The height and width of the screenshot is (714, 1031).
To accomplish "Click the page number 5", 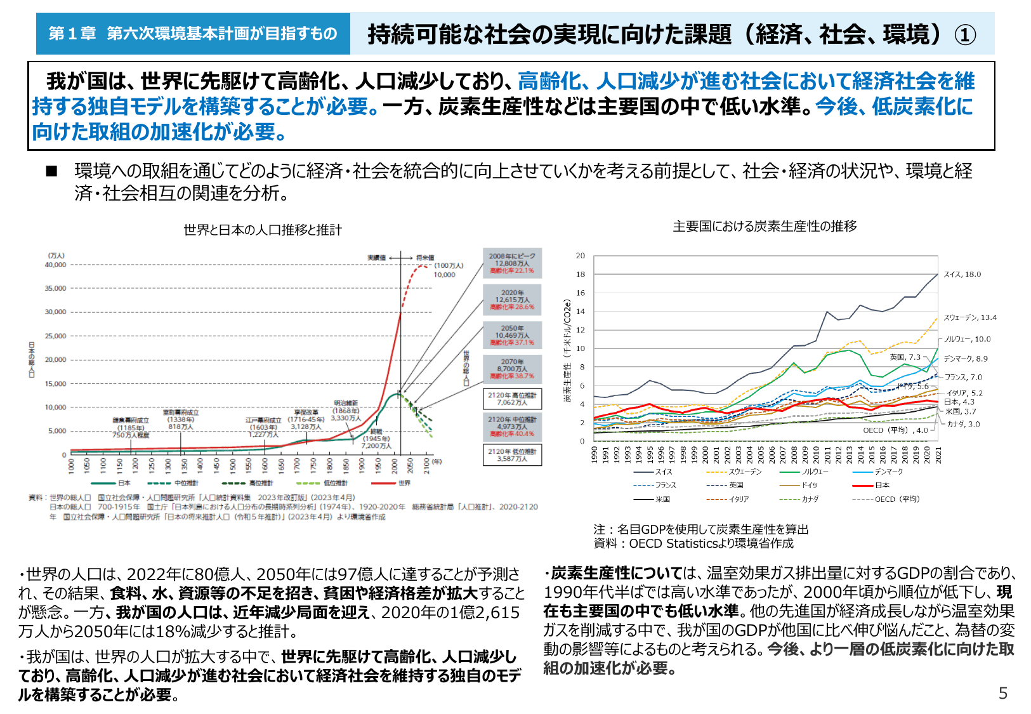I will click(1002, 693).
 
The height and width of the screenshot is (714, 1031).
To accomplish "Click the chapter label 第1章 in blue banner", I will click(72, 33).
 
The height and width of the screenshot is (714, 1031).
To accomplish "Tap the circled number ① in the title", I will click(965, 34).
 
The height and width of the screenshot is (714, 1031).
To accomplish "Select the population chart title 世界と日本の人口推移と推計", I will click(263, 230).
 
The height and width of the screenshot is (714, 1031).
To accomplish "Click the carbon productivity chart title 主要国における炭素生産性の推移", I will click(765, 226).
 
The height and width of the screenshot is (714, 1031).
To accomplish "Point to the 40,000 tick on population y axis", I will click(55, 265).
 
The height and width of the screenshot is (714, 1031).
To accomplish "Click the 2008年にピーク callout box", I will click(512, 263).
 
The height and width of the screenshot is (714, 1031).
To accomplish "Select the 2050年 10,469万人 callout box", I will click(512, 335).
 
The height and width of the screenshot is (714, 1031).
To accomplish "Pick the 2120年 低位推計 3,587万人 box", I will click(512, 454).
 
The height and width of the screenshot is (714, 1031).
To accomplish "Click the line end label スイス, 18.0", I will click(962, 274).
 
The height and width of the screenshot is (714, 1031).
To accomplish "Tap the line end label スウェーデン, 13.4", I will click(969, 317).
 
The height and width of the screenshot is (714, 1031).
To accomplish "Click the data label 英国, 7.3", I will click(905, 357).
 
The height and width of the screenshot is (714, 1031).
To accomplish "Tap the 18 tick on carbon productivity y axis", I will click(581, 274).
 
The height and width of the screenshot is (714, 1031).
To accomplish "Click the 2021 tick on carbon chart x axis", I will click(938, 454).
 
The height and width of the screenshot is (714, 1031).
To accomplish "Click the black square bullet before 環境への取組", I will click(51, 171).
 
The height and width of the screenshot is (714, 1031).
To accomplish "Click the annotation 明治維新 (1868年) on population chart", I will click(346, 407).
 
